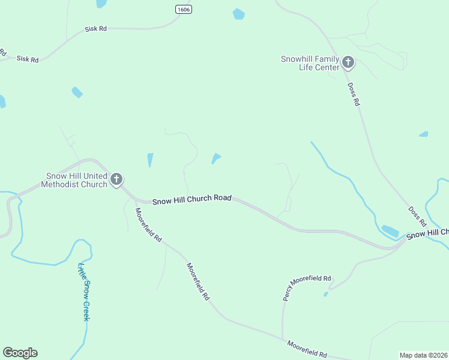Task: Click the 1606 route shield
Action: (183, 9)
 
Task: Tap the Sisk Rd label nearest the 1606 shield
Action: (95, 29)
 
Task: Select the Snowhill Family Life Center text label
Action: (310, 62)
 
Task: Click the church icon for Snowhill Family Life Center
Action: (348, 62)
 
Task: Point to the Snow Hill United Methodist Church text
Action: (74, 180)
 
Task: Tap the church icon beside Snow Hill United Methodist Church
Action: (116, 179)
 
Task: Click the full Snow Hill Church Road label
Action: (191, 200)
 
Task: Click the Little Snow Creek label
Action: (83, 292)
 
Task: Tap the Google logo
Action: (20, 353)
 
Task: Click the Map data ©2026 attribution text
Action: (424, 355)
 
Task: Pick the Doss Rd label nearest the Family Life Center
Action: (353, 94)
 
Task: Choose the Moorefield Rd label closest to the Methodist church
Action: (148, 224)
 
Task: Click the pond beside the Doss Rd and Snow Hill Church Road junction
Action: (390, 230)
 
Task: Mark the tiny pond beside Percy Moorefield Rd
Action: (325, 294)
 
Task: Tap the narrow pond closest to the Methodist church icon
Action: (150, 160)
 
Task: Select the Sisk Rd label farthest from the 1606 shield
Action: (28, 59)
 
